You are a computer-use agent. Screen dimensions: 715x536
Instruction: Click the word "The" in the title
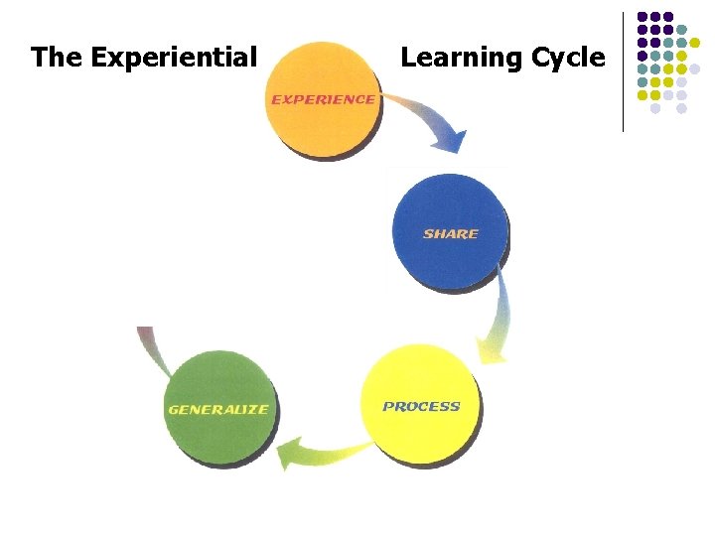(57, 58)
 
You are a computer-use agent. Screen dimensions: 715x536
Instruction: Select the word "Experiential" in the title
(174, 58)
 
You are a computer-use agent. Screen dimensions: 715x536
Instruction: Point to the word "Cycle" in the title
(567, 58)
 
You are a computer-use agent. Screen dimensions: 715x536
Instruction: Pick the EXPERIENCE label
(323, 99)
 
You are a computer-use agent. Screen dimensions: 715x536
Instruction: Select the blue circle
(450, 230)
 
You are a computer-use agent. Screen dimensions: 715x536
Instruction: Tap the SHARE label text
(450, 234)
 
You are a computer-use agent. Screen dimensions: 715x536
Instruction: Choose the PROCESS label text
(421, 406)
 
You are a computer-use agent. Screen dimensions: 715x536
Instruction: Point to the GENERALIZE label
(218, 410)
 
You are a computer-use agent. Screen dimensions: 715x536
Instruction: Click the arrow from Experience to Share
(427, 114)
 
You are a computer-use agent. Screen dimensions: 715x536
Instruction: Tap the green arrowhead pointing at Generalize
(290, 455)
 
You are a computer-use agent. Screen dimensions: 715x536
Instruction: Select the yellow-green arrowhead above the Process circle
(493, 349)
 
